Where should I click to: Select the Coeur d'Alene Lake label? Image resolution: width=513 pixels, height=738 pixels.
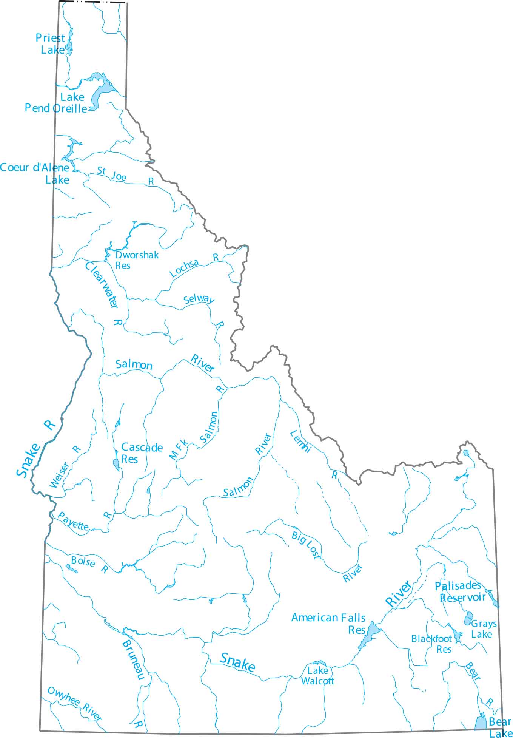35,173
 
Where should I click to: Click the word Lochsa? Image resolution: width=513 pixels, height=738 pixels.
184,268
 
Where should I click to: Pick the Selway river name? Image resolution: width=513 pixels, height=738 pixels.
199,299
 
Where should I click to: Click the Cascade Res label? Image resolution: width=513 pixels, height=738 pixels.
141,453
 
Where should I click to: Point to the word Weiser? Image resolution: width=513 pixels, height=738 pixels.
60,475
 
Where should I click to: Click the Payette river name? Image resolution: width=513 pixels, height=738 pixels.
73,521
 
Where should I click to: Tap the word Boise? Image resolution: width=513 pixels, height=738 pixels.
83,562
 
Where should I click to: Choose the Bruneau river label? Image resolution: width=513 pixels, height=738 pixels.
134,659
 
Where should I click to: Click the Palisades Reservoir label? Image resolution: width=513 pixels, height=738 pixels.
460,591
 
